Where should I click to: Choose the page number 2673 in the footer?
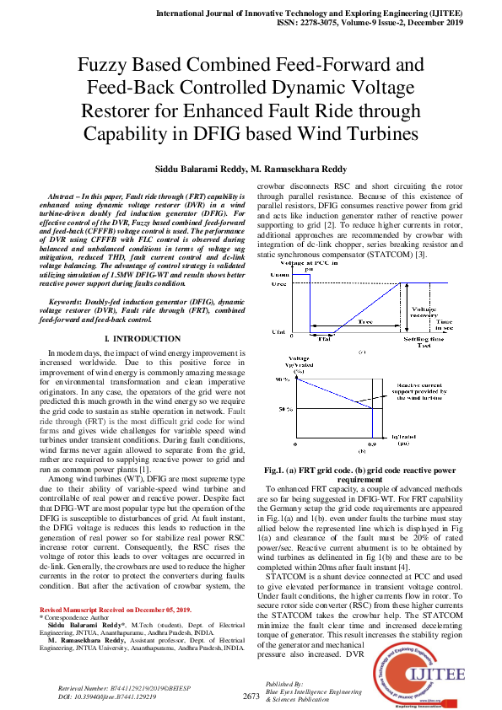point(251,695)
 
